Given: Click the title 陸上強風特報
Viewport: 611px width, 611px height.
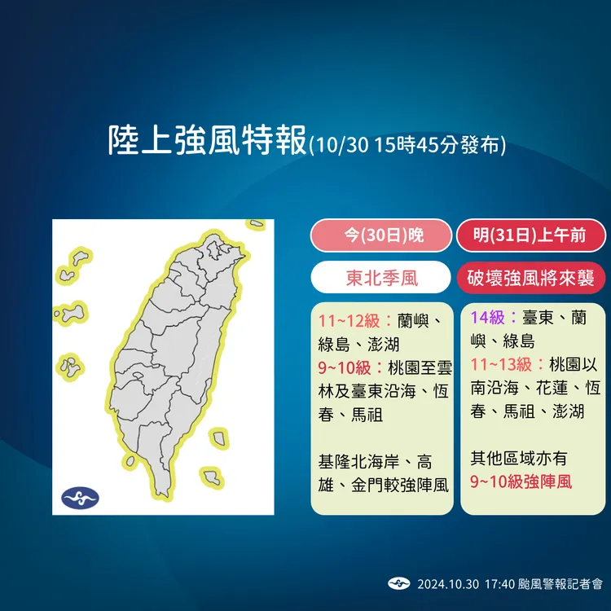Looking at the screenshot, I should (209, 140).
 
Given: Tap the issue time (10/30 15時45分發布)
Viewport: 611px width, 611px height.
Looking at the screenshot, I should (407, 145).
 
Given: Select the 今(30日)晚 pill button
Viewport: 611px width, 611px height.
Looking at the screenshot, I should (380, 235).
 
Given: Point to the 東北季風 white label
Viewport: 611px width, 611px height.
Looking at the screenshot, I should (380, 279).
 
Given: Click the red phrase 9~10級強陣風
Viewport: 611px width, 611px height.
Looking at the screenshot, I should (521, 481).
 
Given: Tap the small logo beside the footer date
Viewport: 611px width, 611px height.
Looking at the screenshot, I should (398, 583).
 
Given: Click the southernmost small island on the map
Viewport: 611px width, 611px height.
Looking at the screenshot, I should (213, 476).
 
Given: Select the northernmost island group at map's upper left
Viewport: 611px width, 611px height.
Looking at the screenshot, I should (81, 259).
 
